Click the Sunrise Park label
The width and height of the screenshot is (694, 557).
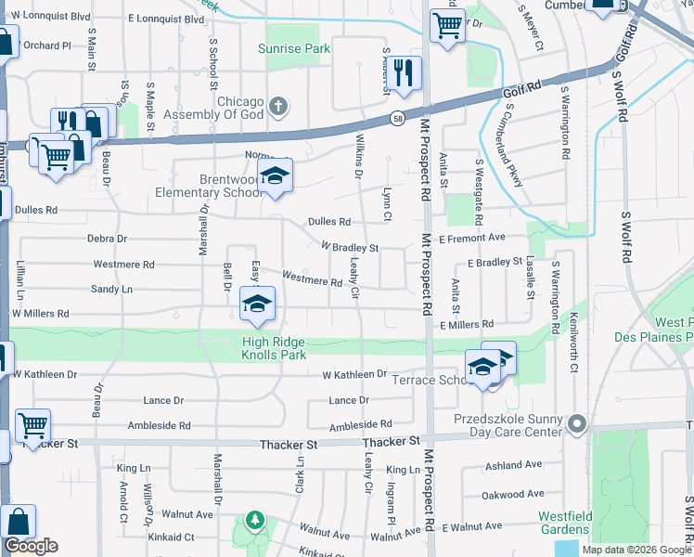tap(293, 48)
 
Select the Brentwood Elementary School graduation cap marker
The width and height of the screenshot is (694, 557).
tap(275, 175)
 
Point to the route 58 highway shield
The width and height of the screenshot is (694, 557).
tap(397, 119)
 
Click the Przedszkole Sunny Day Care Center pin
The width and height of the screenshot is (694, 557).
tap(577, 425)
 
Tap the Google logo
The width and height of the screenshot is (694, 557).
tap(31, 547)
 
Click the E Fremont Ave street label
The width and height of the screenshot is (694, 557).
tap(472, 239)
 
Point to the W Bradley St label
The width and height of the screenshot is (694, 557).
tap(350, 248)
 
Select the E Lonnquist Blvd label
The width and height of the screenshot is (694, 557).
tap(166, 18)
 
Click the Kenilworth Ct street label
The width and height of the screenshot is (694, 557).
tap(574, 348)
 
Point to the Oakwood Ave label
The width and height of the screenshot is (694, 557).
tap(513, 495)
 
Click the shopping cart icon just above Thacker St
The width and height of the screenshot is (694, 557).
tap(32, 426)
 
